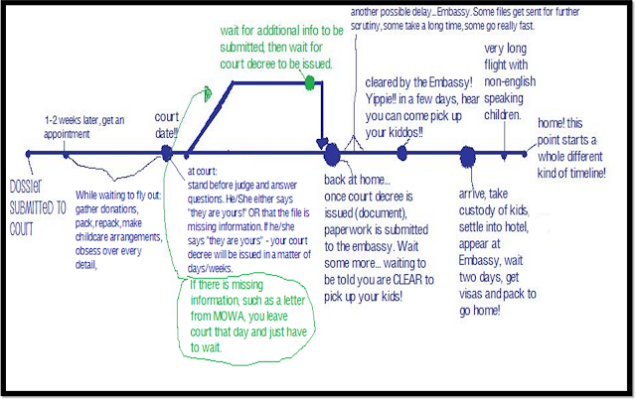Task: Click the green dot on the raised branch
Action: click(311, 81)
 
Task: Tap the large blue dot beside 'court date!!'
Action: click(167, 152)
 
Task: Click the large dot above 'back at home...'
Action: click(332, 154)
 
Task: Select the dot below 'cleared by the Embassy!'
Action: click(402, 153)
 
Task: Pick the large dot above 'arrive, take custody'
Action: click(467, 155)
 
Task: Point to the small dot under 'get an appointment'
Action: click(66, 153)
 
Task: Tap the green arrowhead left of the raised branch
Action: click(206, 95)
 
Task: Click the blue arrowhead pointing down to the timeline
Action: click(322, 143)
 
